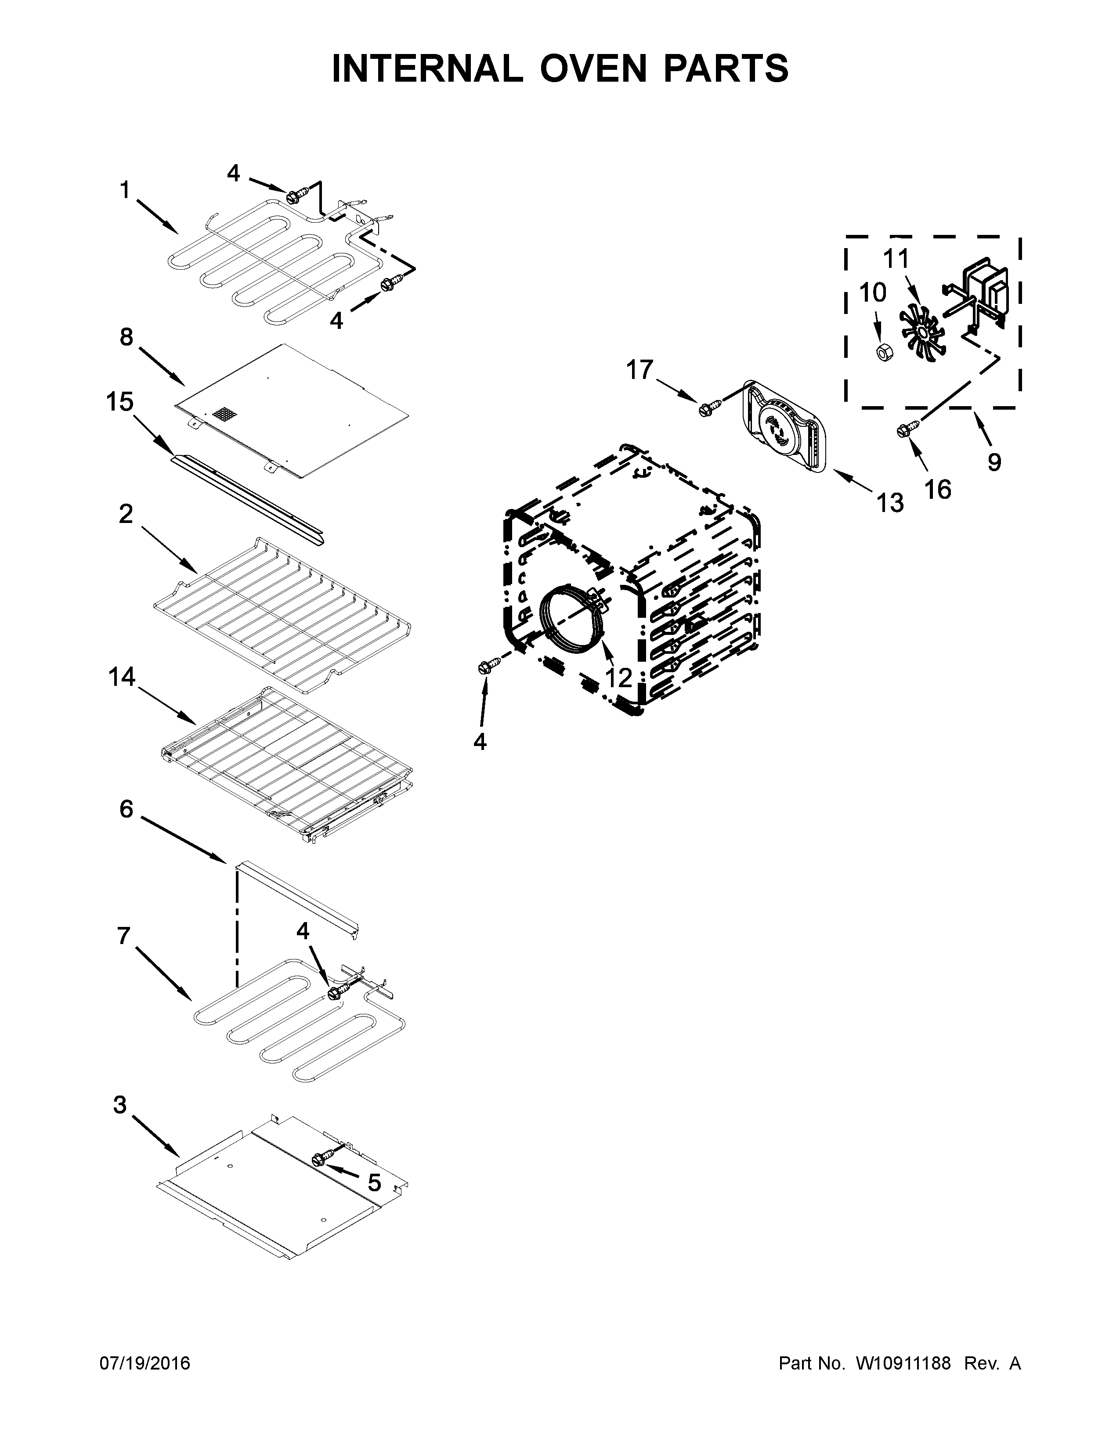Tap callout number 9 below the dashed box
click(x=993, y=461)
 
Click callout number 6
click(x=126, y=809)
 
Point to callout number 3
click(x=119, y=1105)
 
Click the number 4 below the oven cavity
click(x=480, y=741)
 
